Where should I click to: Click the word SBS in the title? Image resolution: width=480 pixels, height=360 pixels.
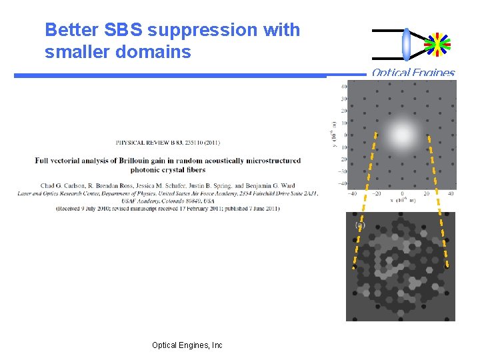pos(124,30)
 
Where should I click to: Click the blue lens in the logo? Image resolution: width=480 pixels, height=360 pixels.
pos(406,44)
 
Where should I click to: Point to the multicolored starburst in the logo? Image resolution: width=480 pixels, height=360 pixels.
pos(437,44)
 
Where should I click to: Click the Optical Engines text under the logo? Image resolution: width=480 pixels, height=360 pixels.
pos(413,73)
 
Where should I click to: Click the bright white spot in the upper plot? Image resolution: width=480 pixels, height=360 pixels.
pos(402,135)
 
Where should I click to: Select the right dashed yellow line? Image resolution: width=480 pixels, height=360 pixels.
pos(437,200)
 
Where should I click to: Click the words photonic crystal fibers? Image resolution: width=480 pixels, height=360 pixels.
pos(168,169)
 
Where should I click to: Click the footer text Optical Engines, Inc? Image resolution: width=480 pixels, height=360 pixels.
pos(187,345)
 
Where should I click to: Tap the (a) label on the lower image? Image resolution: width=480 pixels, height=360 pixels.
pos(360,226)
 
